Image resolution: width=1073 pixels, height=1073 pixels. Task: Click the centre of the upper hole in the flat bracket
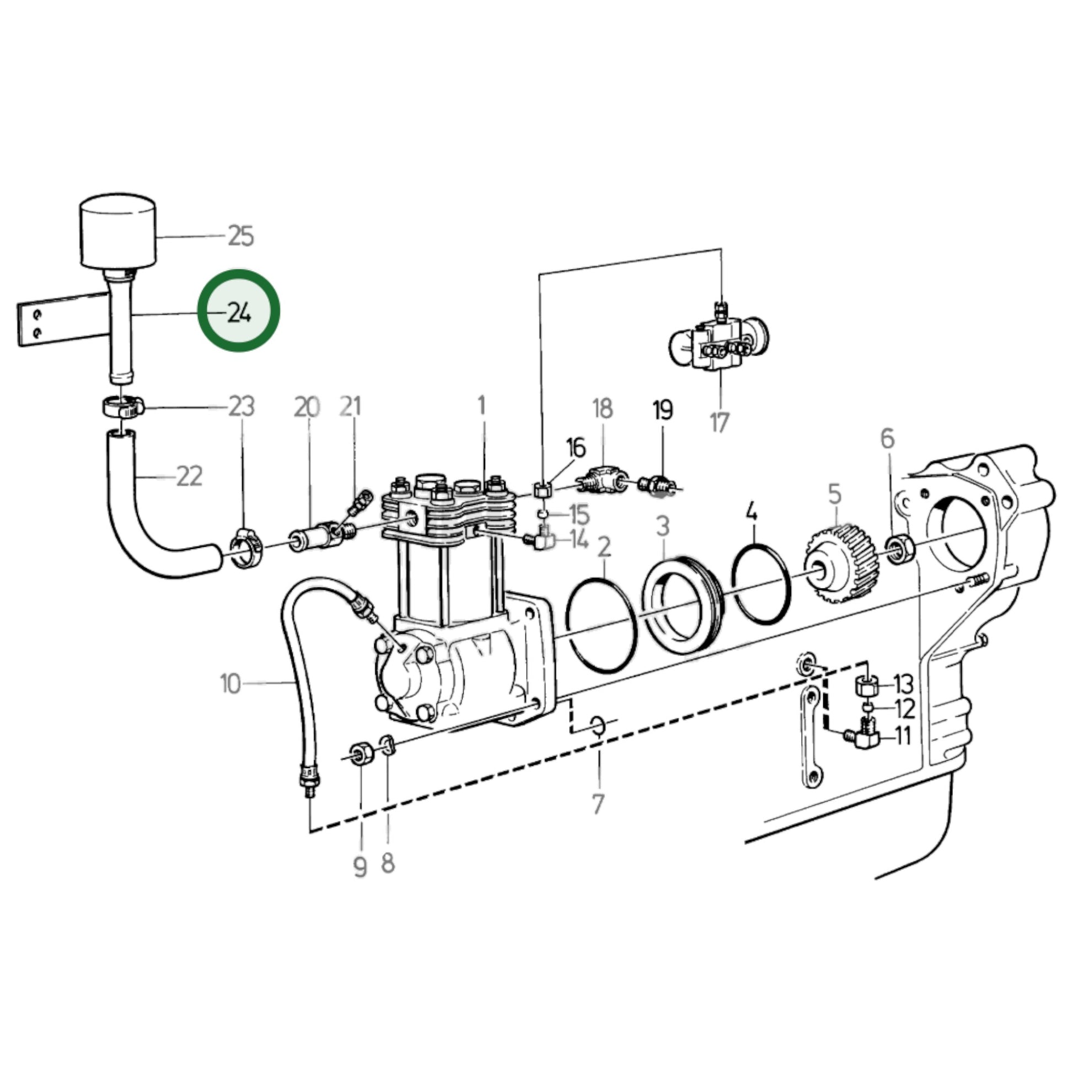point(37,315)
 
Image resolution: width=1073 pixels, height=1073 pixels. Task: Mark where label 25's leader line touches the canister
point(155,238)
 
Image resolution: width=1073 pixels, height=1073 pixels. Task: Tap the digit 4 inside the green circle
point(245,315)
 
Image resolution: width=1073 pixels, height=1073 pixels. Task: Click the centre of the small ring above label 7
point(598,725)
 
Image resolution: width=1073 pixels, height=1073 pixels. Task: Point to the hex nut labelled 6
point(900,549)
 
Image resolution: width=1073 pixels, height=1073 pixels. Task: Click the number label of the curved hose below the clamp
point(189,476)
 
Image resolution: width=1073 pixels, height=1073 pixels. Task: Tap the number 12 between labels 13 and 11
point(905,709)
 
